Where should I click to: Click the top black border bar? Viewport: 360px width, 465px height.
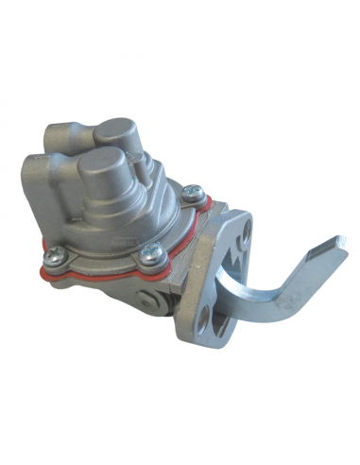tap(180, 26)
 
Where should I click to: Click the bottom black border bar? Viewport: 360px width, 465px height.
tap(180, 439)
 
